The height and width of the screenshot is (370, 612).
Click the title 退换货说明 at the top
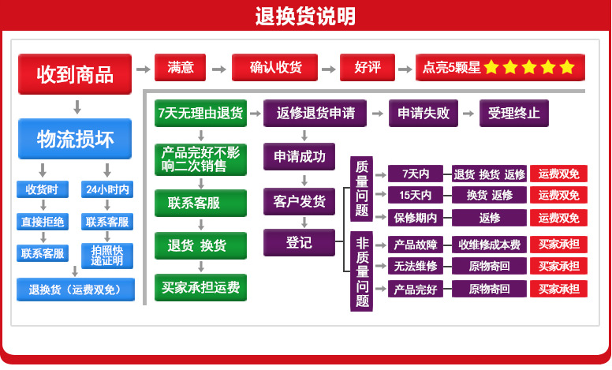click(305, 16)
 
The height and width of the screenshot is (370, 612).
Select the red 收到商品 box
click(75, 75)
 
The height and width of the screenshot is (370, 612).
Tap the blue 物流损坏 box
click(75, 139)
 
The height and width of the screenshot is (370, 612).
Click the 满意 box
click(181, 68)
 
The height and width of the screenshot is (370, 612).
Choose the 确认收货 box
click(274, 68)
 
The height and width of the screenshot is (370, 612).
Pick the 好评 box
click(368, 68)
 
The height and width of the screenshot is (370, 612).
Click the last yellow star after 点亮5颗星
click(567, 68)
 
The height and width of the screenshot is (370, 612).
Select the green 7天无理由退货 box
click(200, 113)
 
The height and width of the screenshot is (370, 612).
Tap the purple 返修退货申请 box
click(315, 113)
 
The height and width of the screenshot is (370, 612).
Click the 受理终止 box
click(513, 113)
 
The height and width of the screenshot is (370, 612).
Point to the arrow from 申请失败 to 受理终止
click(468, 113)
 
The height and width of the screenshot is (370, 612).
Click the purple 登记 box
click(299, 242)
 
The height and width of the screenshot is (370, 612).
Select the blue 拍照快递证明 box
click(107, 255)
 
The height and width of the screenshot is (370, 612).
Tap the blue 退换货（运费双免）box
click(75, 290)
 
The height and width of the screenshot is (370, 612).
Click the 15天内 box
click(416, 195)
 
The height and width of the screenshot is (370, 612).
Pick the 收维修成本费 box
click(489, 245)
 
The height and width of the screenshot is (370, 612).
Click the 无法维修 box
click(416, 266)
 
